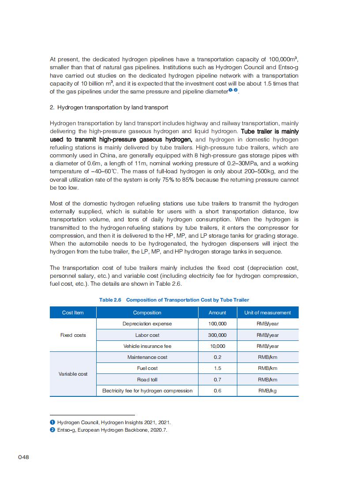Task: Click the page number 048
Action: click(23, 457)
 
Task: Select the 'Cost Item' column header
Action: click(73, 313)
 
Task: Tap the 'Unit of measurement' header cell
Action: click(267, 313)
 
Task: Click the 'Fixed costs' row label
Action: click(73, 335)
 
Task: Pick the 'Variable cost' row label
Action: click(73, 374)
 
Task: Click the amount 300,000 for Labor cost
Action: click(217, 335)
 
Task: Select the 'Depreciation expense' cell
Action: click(147, 324)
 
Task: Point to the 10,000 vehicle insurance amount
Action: click(217, 347)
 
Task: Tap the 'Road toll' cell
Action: click(147, 380)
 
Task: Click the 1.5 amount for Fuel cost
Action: click(217, 368)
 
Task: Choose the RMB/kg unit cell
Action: click(267, 391)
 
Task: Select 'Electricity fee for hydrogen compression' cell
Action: click(147, 391)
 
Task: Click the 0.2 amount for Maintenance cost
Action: click(217, 357)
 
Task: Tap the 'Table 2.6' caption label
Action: click(110, 300)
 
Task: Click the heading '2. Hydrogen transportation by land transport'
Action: click(109, 108)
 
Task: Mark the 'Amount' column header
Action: click(217, 313)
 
